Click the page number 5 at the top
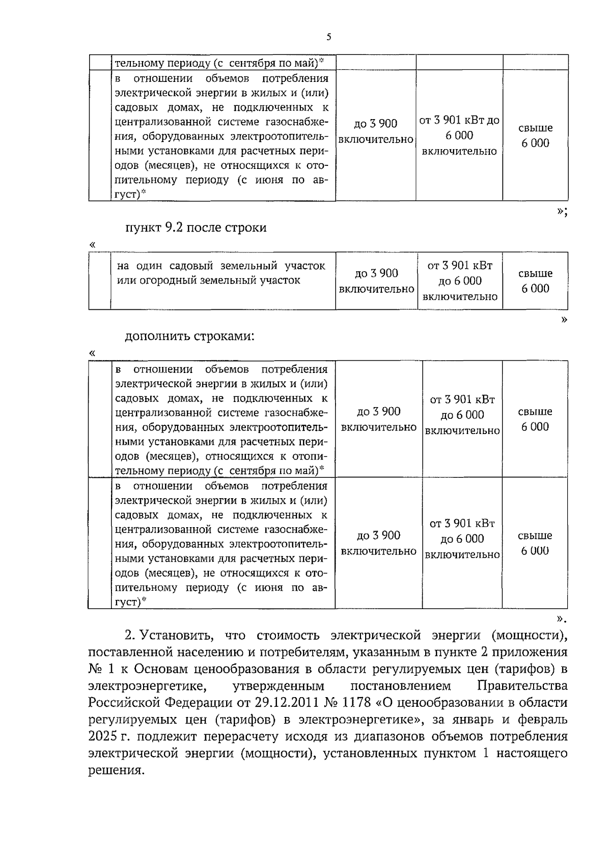click(328, 37)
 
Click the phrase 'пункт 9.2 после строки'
click(196, 227)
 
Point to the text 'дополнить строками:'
click(189, 336)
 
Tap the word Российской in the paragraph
click(124, 703)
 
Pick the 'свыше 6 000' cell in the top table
click(535, 135)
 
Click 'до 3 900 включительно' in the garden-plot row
click(376, 281)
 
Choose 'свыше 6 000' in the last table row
click(535, 543)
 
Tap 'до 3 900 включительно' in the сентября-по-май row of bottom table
click(378, 419)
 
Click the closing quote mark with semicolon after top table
click(562, 212)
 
